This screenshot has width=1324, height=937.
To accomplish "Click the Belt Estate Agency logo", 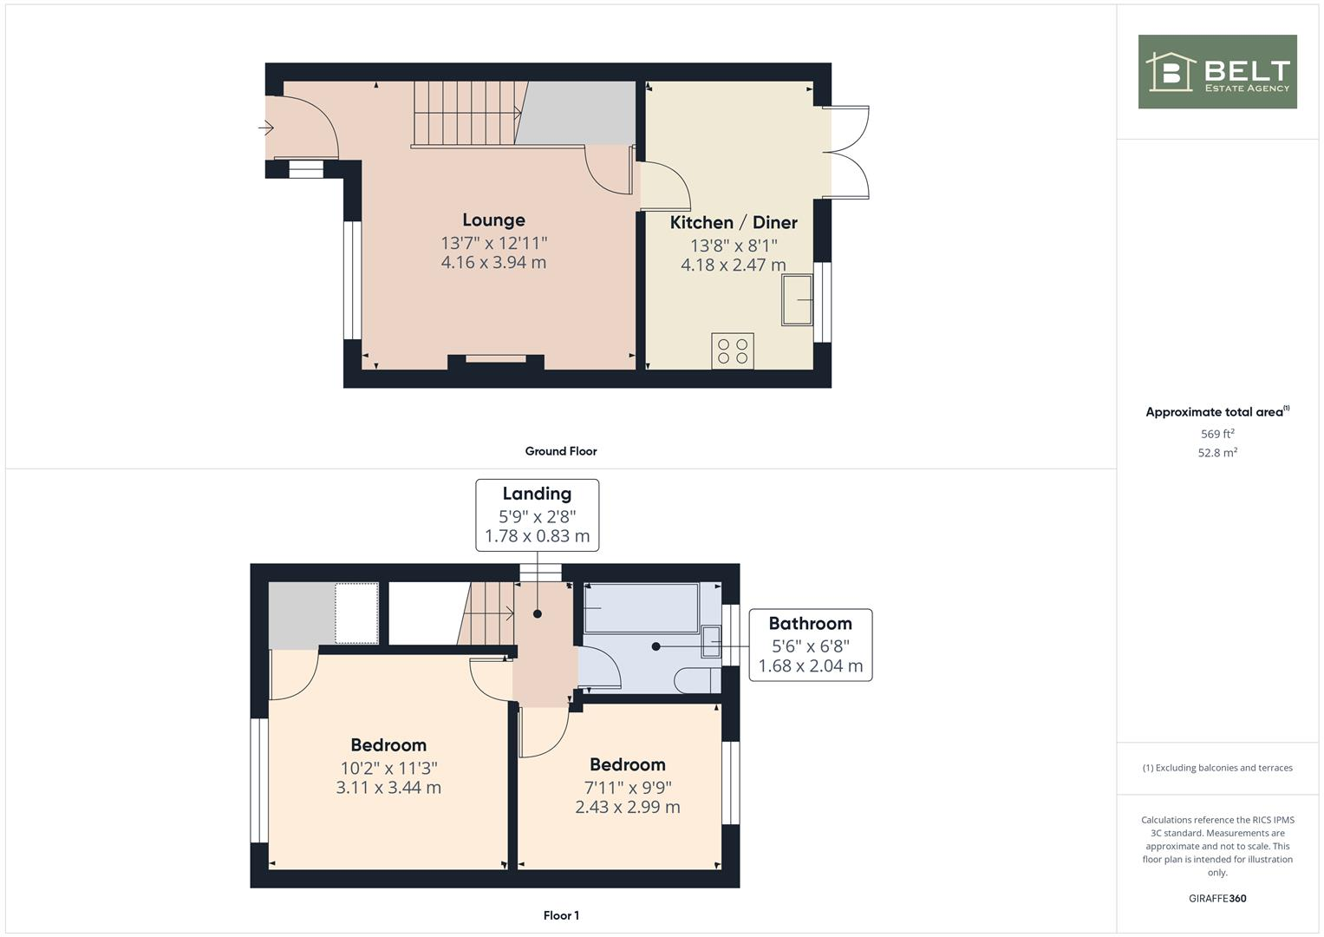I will point(1216,72).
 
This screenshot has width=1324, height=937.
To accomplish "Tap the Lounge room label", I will point(493,220).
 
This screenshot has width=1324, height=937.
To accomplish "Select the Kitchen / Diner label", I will point(734,223).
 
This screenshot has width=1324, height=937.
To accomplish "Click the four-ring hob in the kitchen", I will point(733,351).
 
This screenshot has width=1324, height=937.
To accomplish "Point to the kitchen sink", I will point(797,299).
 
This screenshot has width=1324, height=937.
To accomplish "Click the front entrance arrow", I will point(266,128).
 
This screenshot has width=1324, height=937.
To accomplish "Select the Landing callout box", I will point(537,514).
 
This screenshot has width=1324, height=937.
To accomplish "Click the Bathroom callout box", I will point(810,645).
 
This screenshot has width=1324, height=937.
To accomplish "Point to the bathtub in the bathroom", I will point(641,608).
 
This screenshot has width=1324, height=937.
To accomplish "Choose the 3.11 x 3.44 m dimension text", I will point(388,788).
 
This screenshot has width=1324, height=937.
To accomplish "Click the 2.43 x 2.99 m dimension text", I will point(627,807).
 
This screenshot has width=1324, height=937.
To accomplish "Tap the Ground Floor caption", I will point(561,451).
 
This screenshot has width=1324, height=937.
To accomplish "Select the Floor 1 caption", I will point(561,915).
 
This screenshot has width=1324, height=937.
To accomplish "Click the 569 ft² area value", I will point(1217,434).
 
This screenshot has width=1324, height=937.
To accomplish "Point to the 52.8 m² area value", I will point(1217,453).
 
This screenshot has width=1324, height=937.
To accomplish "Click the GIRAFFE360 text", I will point(1217,899).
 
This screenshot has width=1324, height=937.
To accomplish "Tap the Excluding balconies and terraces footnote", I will point(1217,768).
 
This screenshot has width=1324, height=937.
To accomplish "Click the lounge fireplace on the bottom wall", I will point(496,360).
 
